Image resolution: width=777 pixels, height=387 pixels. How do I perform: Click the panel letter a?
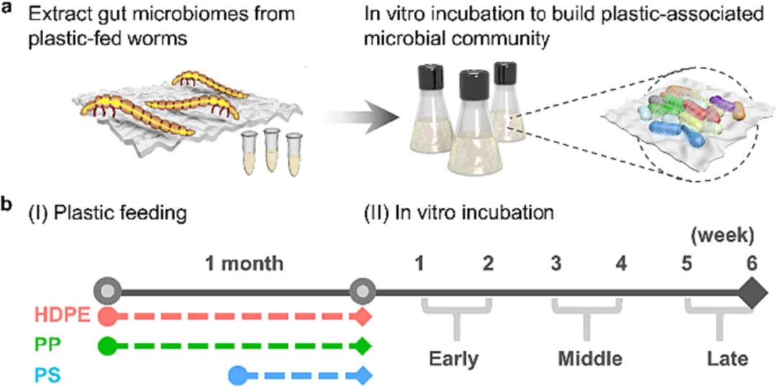pyautogui.click(x=6, y=9)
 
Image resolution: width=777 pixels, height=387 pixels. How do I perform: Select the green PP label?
pyautogui.click(x=46, y=345)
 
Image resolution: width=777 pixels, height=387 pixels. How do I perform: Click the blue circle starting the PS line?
pyautogui.click(x=239, y=373)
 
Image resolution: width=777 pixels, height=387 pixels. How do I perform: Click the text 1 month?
pyautogui.click(x=245, y=263)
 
